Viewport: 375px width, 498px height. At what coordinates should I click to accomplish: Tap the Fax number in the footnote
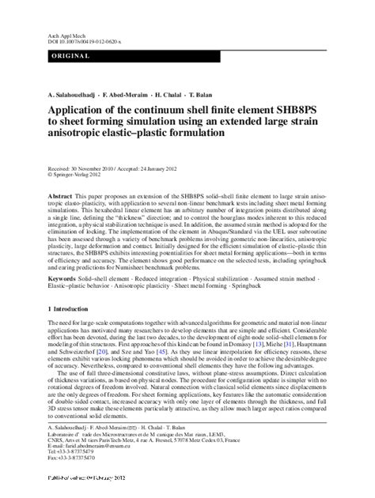coord(75,455)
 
